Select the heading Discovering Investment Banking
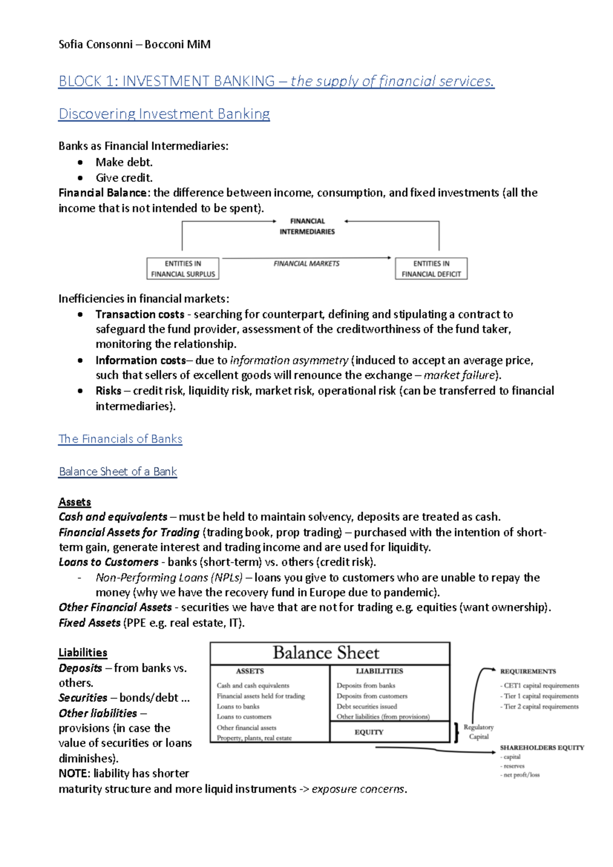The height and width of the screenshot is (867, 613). coord(164,114)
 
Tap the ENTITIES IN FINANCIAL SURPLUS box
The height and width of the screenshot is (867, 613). coord(183,269)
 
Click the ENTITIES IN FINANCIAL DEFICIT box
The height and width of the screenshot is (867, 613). coord(431,269)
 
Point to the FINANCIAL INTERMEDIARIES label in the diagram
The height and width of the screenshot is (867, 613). coord(307,226)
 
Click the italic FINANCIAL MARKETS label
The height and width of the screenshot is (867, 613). coord(306,263)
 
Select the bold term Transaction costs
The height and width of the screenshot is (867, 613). coord(139,315)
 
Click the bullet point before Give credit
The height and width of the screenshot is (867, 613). coord(80,178)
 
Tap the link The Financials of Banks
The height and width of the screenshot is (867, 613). coord(120,439)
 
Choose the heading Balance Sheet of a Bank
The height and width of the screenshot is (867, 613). coord(117,472)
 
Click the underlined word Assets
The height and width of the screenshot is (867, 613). coord(75,502)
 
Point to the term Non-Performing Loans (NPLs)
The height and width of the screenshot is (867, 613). coord(169,578)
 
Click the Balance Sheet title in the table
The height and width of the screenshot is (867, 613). coord(326,653)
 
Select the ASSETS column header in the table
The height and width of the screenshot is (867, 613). coord(250,671)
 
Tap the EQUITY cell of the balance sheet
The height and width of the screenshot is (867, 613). coord(369,732)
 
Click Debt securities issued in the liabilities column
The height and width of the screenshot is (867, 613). coord(366,707)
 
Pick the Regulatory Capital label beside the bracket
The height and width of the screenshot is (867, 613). coord(479,732)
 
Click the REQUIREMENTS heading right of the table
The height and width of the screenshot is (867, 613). coord(528,671)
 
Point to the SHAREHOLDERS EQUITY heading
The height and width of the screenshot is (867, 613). coord(541,748)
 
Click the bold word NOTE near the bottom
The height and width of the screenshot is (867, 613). coord(74,774)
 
